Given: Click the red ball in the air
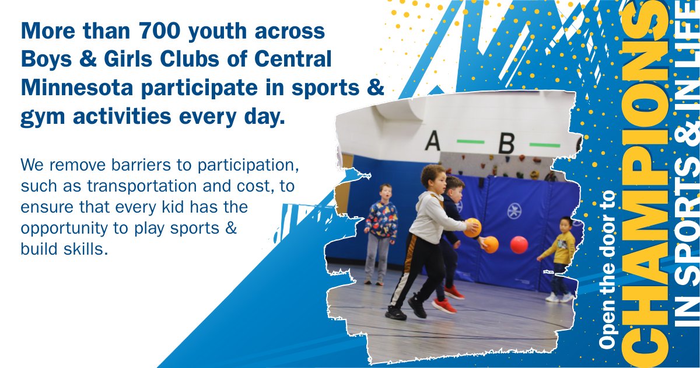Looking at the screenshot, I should click(x=519, y=245).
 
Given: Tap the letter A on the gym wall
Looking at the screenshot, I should click(x=432, y=141).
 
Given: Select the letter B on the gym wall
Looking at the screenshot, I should click(x=506, y=143).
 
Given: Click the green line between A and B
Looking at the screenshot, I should click(x=470, y=142).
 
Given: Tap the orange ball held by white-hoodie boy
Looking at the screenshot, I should click(x=473, y=228).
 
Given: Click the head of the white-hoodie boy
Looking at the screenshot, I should click(x=432, y=177).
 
